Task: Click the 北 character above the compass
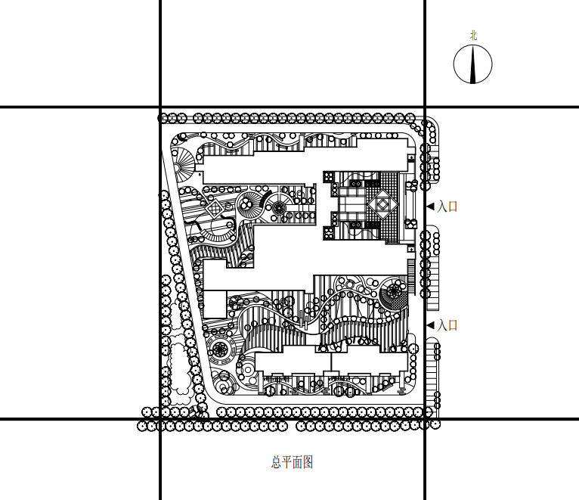tap(473, 36)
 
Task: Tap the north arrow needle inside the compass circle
tap(473, 64)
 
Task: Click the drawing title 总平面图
tap(292, 462)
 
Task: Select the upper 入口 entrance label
tap(447, 207)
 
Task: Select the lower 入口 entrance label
tap(447, 325)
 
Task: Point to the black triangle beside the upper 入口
tap(431, 207)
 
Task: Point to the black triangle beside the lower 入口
tap(431, 325)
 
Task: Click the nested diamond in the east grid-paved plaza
tap(383, 204)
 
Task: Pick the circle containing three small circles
tap(246, 203)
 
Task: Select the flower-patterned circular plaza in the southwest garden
tap(220, 349)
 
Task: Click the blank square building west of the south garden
tap(215, 304)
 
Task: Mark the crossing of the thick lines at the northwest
tap(160, 107)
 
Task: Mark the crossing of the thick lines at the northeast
tap(425, 107)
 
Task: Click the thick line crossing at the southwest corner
tap(160, 419)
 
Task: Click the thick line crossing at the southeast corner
tap(425, 419)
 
